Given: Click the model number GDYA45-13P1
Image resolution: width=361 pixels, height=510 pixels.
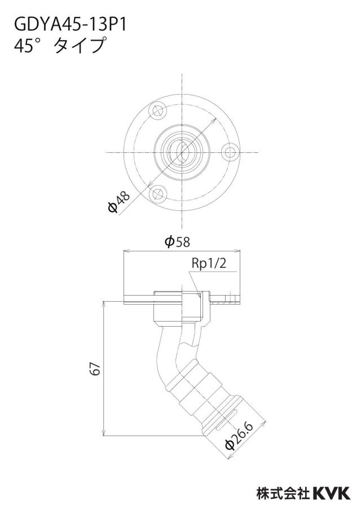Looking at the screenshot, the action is [71, 24].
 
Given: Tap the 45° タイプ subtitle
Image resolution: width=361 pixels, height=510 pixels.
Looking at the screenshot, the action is [60, 45].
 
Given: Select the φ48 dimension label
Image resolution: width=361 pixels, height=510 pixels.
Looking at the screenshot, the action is [119, 202].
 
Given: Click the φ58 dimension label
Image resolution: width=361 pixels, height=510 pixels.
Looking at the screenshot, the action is [177, 241].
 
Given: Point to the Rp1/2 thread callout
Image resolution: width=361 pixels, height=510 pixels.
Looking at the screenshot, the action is [209, 264].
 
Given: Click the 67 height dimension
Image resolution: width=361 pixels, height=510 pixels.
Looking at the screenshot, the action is [95, 368].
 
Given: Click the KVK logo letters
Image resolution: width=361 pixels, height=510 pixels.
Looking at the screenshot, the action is [332, 493].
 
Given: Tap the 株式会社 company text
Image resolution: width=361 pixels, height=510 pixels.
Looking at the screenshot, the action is [283, 493].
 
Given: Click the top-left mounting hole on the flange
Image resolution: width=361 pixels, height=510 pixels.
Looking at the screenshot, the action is [158, 111].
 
